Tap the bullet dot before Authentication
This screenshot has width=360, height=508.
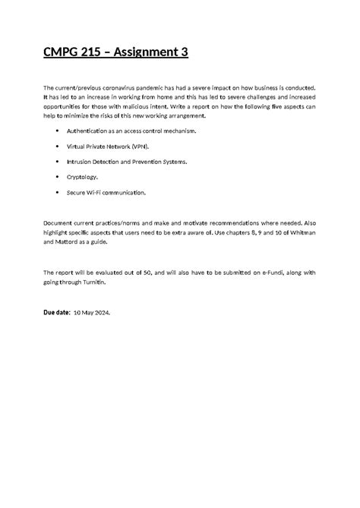point(58,131)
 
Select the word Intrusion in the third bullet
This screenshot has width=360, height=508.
point(80,162)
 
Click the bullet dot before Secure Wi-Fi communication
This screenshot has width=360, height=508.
point(58,193)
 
